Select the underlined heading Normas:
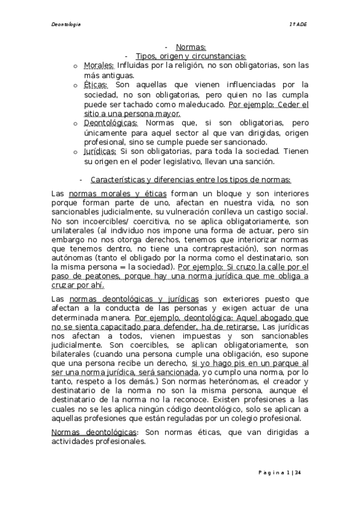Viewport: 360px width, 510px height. pos(191,47)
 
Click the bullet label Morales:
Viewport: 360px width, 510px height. pos(99,65)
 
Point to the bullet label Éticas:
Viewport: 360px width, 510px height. pos(96,85)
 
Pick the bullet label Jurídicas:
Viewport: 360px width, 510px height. pos(100,152)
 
